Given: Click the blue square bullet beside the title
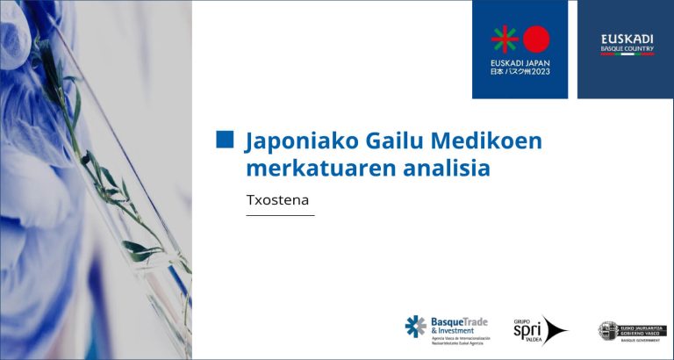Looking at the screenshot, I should (x=225, y=140).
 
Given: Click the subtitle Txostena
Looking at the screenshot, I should (x=277, y=200).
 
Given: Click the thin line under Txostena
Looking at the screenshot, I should (x=280, y=215).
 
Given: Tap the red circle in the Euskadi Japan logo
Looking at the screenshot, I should (x=536, y=39).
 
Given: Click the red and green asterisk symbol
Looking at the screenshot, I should (x=504, y=39).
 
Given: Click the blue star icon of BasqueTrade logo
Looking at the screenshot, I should (x=415, y=327).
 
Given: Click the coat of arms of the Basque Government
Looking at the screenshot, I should (x=607, y=330).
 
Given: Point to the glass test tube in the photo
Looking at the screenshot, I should (x=114, y=176).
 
